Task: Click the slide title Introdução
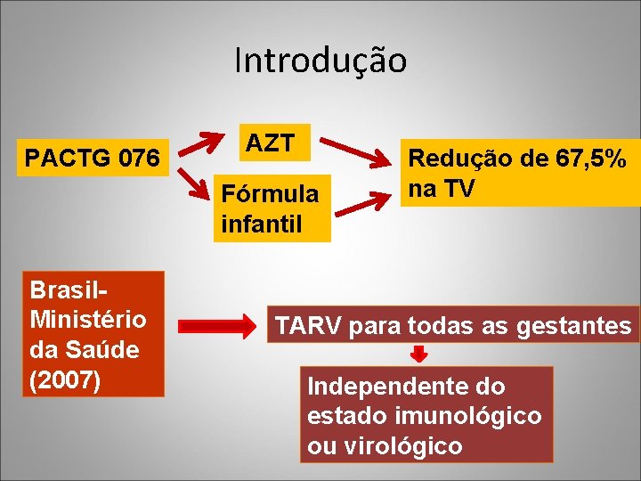tap(320, 61)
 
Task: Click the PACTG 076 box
tap(93, 159)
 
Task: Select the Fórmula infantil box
tap(275, 207)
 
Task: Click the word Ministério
tap(87, 318)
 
